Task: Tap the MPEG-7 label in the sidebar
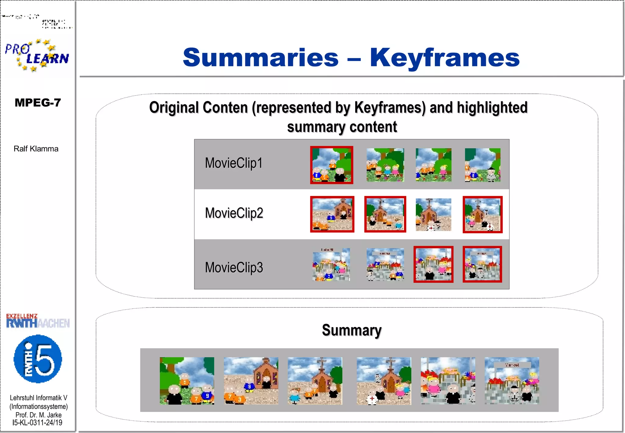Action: tap(38, 103)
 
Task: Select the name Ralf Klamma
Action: tap(36, 149)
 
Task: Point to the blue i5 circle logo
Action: tap(38, 359)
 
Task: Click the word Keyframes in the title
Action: tap(445, 58)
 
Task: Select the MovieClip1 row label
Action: tap(233, 163)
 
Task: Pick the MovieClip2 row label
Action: tap(234, 213)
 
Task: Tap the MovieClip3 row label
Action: tap(234, 267)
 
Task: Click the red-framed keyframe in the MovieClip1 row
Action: tap(332, 165)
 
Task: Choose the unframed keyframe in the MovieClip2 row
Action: tap(433, 215)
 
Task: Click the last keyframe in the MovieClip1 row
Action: tap(482, 165)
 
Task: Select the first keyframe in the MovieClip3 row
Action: tap(331, 264)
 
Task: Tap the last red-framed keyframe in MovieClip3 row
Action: tap(482, 264)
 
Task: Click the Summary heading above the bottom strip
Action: tap(352, 330)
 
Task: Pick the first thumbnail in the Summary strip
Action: tap(187, 381)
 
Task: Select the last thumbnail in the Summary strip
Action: tap(512, 381)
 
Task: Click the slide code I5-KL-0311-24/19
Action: tap(38, 423)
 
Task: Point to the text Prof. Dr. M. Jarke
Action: tap(38, 415)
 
